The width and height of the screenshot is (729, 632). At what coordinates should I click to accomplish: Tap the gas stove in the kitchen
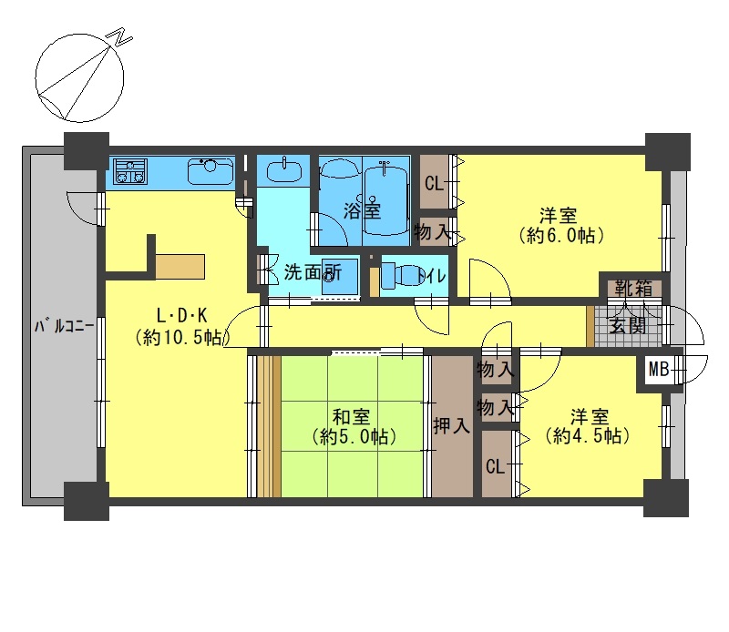click(129, 171)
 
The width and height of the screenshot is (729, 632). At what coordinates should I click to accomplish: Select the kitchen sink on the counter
click(210, 171)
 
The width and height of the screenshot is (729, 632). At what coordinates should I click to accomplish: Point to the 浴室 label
click(362, 210)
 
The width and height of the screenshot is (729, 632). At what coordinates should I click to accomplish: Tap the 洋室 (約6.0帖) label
click(560, 225)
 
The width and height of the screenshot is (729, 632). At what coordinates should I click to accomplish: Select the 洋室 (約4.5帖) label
click(588, 425)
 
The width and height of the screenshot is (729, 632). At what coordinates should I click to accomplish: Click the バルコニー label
click(64, 326)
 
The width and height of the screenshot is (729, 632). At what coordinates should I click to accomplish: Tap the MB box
click(658, 370)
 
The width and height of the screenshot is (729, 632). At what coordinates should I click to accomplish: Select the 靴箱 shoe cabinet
click(632, 288)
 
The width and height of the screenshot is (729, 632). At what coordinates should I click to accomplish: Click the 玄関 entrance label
click(628, 326)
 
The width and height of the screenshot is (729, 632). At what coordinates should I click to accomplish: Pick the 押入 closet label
click(451, 425)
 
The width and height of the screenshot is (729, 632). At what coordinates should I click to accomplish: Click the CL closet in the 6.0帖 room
click(435, 182)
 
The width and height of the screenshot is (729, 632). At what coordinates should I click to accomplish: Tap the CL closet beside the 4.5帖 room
click(496, 464)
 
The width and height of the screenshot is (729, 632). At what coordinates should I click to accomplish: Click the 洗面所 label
click(313, 273)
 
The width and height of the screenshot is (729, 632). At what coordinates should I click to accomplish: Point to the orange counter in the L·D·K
click(180, 266)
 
